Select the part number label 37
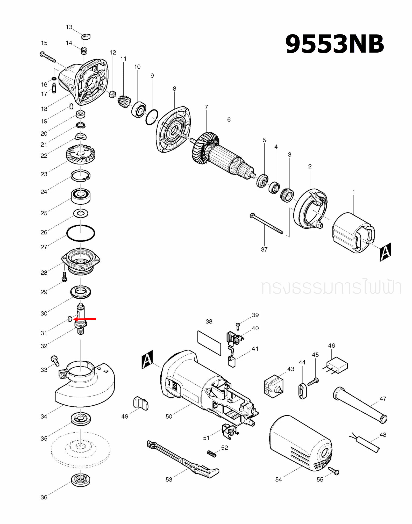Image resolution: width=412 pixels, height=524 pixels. point(264,249)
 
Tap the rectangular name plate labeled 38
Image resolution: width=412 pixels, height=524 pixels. point(209,343)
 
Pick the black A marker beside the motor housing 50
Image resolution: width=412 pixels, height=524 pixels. point(147,359)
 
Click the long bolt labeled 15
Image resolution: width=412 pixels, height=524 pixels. point(48,57)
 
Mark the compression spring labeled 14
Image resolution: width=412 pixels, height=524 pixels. point(83,51)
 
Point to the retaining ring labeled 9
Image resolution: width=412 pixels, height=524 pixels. point(152,117)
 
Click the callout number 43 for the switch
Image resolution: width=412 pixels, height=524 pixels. point(290,369)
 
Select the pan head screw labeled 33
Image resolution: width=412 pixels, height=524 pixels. point(55,360)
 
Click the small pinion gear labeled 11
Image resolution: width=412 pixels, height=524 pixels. point(124,102)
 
